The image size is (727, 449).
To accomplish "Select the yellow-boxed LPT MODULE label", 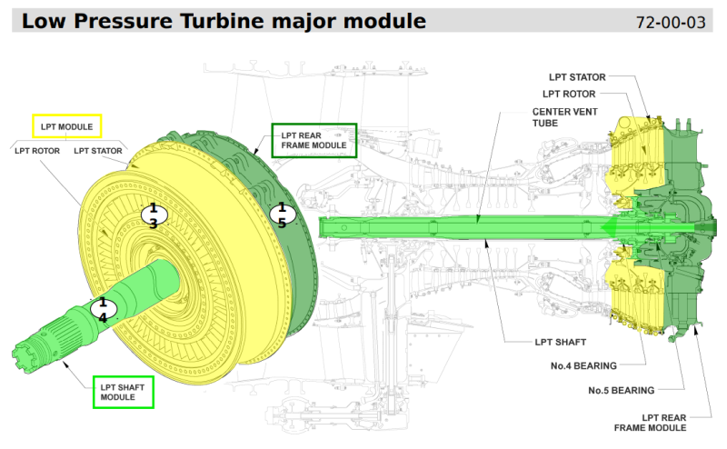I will pos(67,125).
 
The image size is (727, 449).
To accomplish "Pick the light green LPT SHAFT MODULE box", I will pos(123,392).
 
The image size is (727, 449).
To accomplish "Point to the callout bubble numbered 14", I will pos(103,309).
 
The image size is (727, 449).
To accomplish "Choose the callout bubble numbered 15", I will pos(282,215).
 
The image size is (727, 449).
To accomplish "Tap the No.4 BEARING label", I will pos(583,365).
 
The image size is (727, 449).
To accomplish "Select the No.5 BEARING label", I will pos(622,391).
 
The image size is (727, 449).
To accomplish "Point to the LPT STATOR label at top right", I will pos(576,77).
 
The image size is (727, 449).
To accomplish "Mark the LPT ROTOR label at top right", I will pos(569,93).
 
